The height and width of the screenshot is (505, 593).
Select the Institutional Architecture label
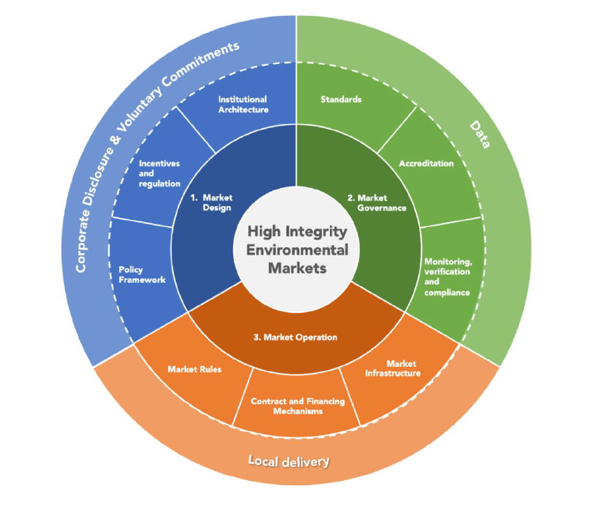(x=243, y=104)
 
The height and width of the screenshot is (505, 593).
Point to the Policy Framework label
(x=142, y=275)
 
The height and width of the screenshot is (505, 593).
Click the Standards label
(x=341, y=99)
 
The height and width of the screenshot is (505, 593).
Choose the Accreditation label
(x=426, y=163)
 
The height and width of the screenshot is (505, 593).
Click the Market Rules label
(x=194, y=369)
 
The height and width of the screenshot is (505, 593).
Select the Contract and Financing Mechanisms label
(x=297, y=405)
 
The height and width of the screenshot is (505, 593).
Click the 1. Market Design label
(x=211, y=202)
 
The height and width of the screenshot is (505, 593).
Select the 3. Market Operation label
(x=295, y=337)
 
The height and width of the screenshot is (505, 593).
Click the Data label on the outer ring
(x=481, y=133)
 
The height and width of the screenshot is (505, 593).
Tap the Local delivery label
(x=288, y=461)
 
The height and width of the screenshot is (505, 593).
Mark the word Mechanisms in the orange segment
(x=297, y=411)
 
